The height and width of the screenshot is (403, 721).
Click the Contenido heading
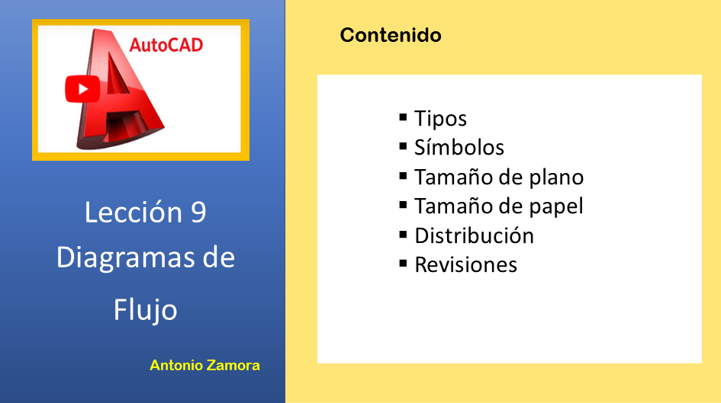391,35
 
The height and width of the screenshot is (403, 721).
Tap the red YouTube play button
82,89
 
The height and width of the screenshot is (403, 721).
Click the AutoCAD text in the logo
166,45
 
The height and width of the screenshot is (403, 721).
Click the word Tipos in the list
440,118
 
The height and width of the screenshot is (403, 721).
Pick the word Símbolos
459,147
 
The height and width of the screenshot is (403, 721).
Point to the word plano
556,178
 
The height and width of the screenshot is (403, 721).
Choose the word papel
556,206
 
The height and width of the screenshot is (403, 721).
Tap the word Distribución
474,235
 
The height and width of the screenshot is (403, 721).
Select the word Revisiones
466,265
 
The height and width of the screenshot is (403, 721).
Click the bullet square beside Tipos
404,117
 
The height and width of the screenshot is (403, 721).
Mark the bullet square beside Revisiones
404,264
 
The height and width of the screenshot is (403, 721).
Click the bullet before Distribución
404,235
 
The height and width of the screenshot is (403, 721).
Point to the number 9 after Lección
198,213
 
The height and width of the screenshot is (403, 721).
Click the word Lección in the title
134,212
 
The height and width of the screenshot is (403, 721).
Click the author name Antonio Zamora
204,366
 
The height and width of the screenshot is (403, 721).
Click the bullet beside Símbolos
404,147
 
